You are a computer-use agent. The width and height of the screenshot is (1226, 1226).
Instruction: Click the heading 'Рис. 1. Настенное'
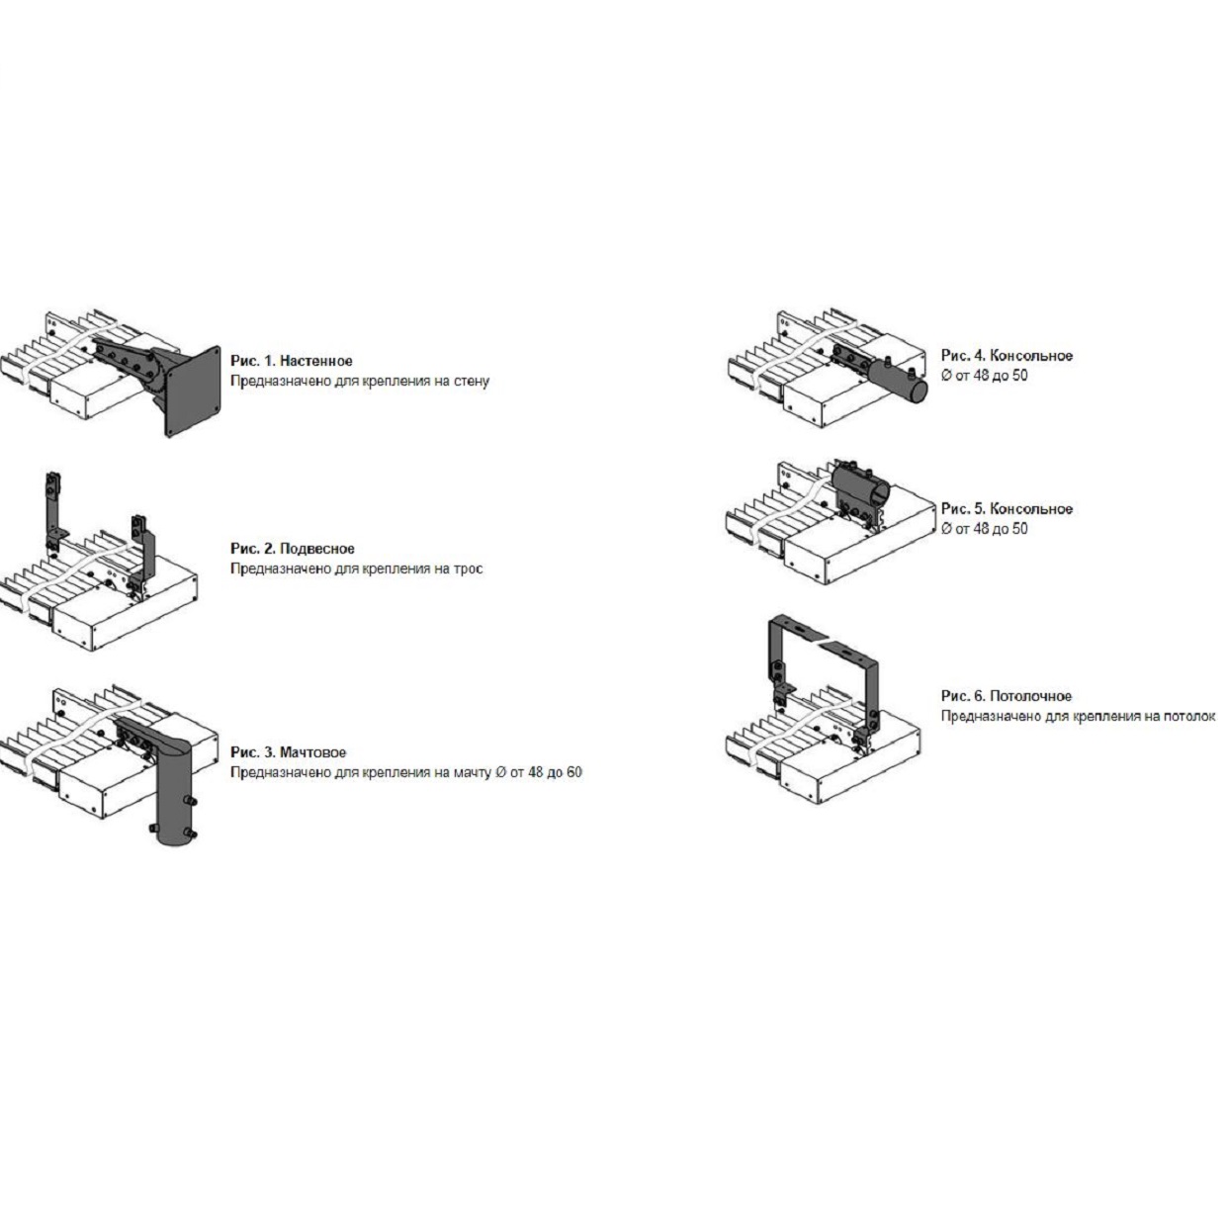click(292, 362)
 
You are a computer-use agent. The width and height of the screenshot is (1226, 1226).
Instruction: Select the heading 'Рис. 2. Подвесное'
click(293, 549)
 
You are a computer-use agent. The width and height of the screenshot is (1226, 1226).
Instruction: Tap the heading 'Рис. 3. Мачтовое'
click(288, 752)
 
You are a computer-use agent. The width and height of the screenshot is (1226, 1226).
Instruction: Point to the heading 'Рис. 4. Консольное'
click(1007, 356)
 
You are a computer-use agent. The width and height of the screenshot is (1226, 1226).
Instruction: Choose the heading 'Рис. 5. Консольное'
click(1007, 509)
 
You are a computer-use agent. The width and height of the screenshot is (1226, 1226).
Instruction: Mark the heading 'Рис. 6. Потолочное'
click(1007, 696)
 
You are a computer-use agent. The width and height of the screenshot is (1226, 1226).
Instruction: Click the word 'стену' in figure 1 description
click(471, 382)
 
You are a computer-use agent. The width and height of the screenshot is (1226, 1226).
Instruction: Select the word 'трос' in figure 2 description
click(468, 569)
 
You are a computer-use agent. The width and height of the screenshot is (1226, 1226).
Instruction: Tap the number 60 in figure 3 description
click(573, 773)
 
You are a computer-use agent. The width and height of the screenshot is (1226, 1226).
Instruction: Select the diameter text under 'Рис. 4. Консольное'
click(984, 376)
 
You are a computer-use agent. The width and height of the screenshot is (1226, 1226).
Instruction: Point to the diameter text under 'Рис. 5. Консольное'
click(984, 529)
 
